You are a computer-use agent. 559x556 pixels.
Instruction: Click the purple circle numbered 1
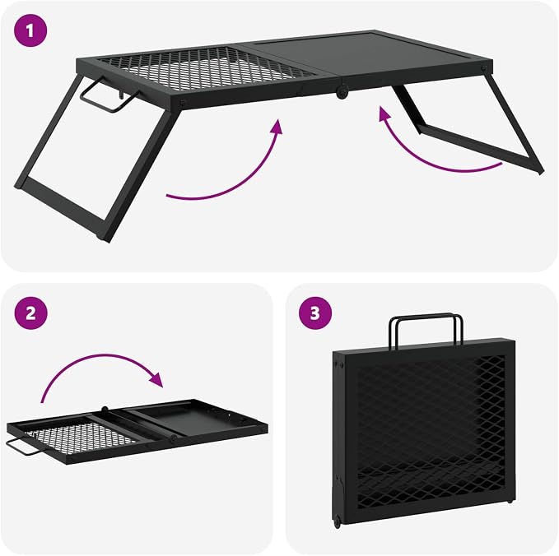(x=30, y=30)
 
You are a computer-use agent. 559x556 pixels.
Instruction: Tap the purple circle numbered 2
(x=30, y=313)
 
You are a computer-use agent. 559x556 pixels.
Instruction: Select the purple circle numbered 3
(x=315, y=313)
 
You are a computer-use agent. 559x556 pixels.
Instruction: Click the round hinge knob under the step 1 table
(x=342, y=92)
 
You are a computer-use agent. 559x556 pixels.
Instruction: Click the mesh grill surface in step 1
(x=207, y=68)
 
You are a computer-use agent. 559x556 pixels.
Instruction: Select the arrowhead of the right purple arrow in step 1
(x=384, y=114)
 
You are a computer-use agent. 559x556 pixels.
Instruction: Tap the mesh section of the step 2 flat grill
(x=80, y=438)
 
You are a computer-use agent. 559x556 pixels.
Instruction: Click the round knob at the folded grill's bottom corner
(x=336, y=521)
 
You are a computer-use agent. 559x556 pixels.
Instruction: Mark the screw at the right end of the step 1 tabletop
(x=483, y=68)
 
